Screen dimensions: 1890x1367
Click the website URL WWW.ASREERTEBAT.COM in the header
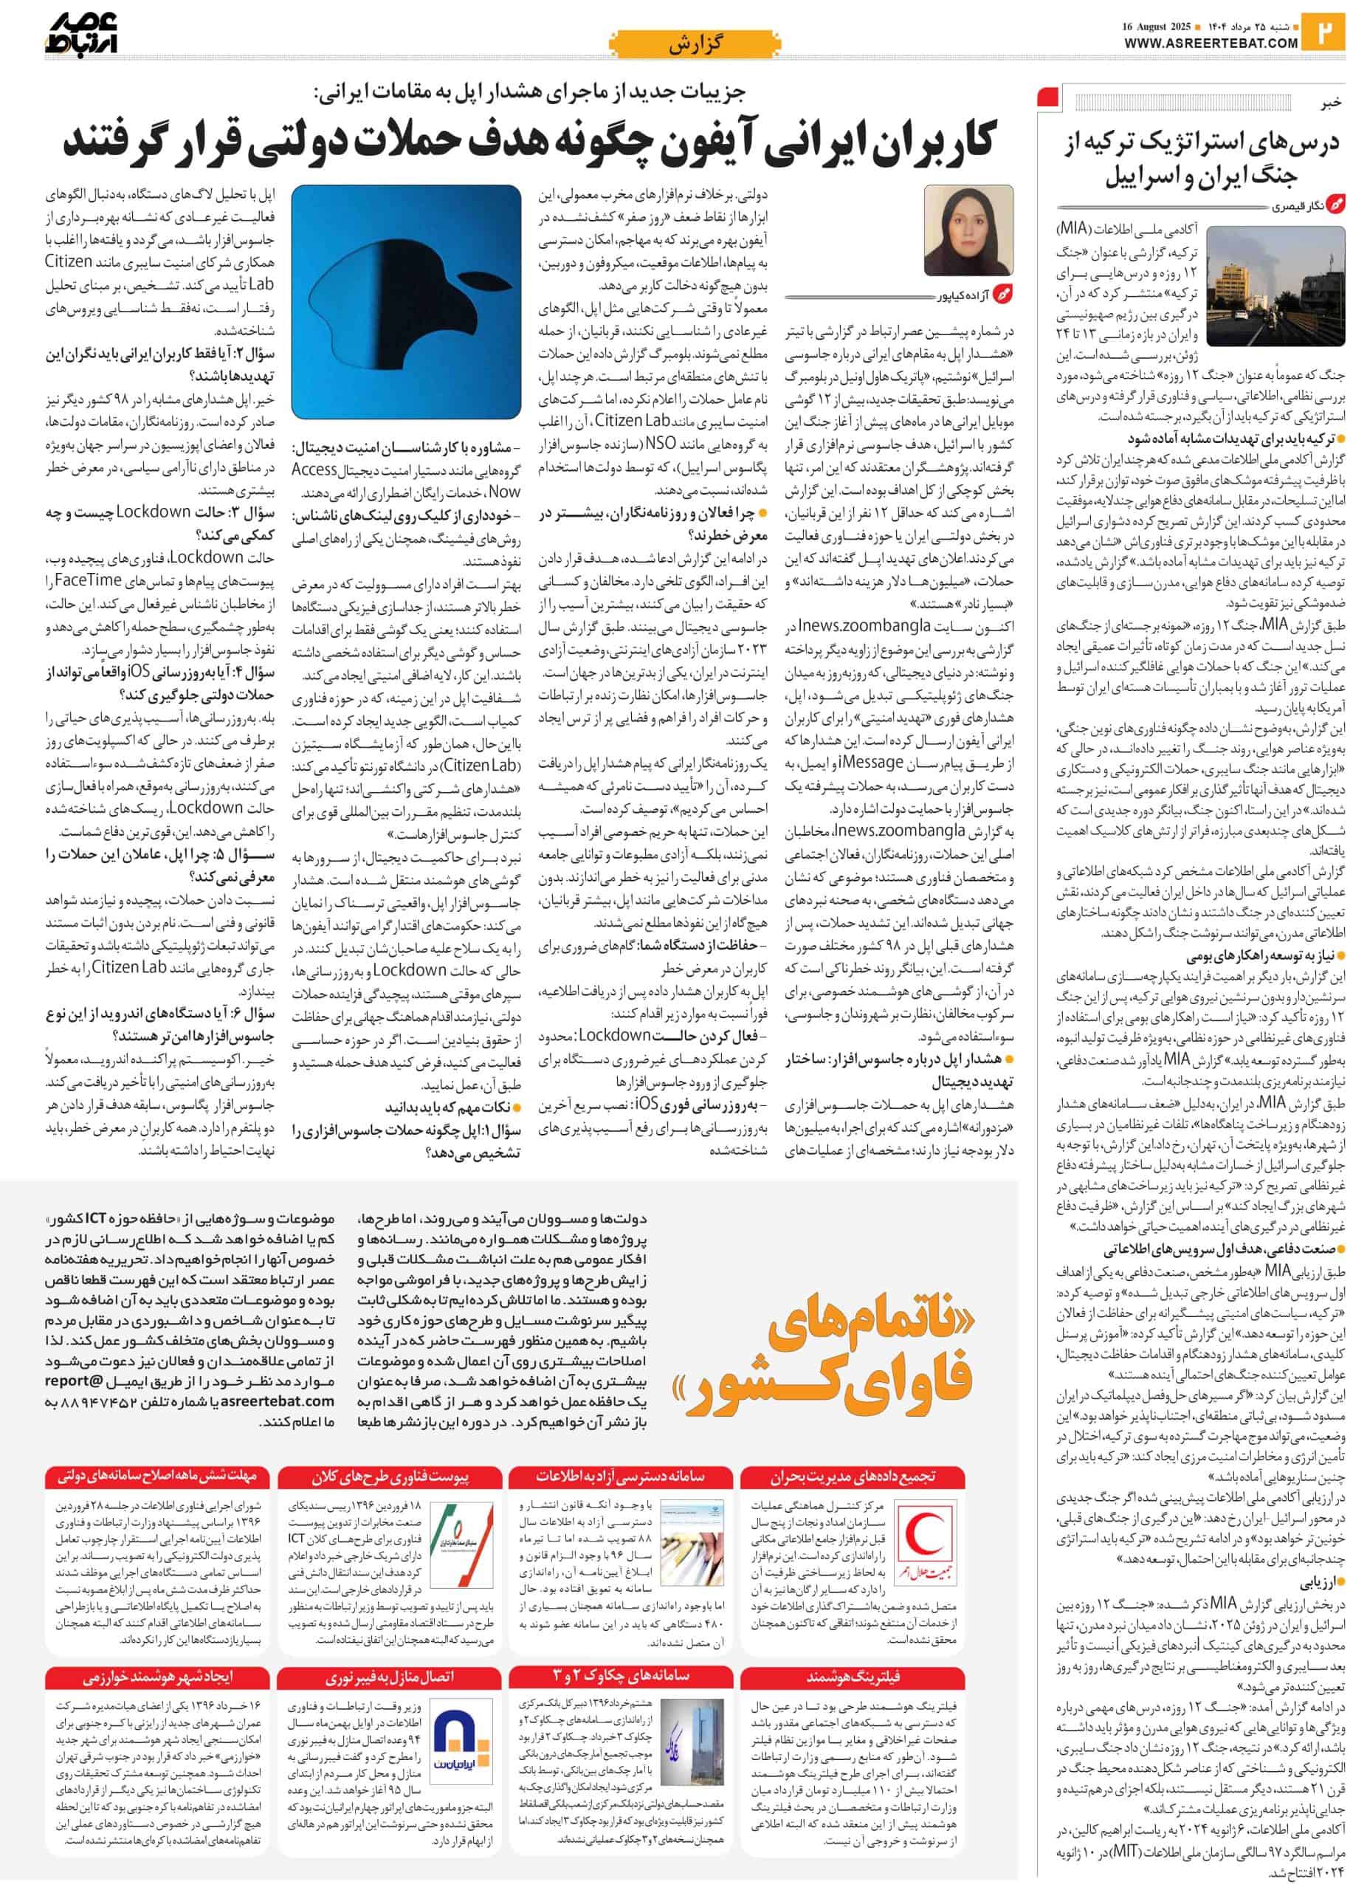coord(1211,44)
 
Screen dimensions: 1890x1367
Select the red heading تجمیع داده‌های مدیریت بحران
coord(854,1477)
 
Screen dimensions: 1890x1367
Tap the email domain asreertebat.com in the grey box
coord(283,1401)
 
